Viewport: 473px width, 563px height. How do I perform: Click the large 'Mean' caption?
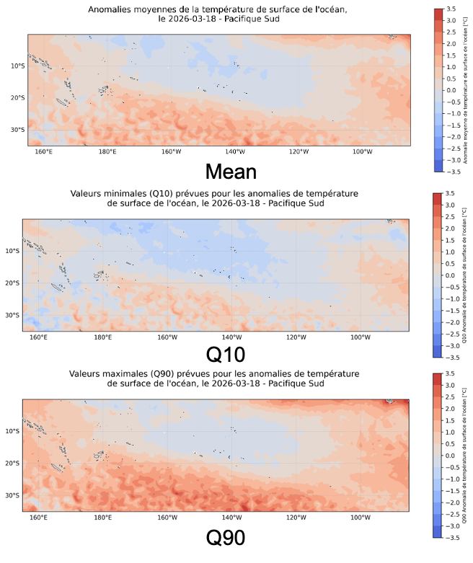[231, 172]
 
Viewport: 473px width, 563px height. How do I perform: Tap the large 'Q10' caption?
[226, 355]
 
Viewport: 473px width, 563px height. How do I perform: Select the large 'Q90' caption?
[226, 538]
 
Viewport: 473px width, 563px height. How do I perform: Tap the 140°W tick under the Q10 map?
[231, 337]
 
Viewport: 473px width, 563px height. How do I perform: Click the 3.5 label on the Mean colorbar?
[451, 9]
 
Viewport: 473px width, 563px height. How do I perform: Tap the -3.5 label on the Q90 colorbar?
[448, 538]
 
